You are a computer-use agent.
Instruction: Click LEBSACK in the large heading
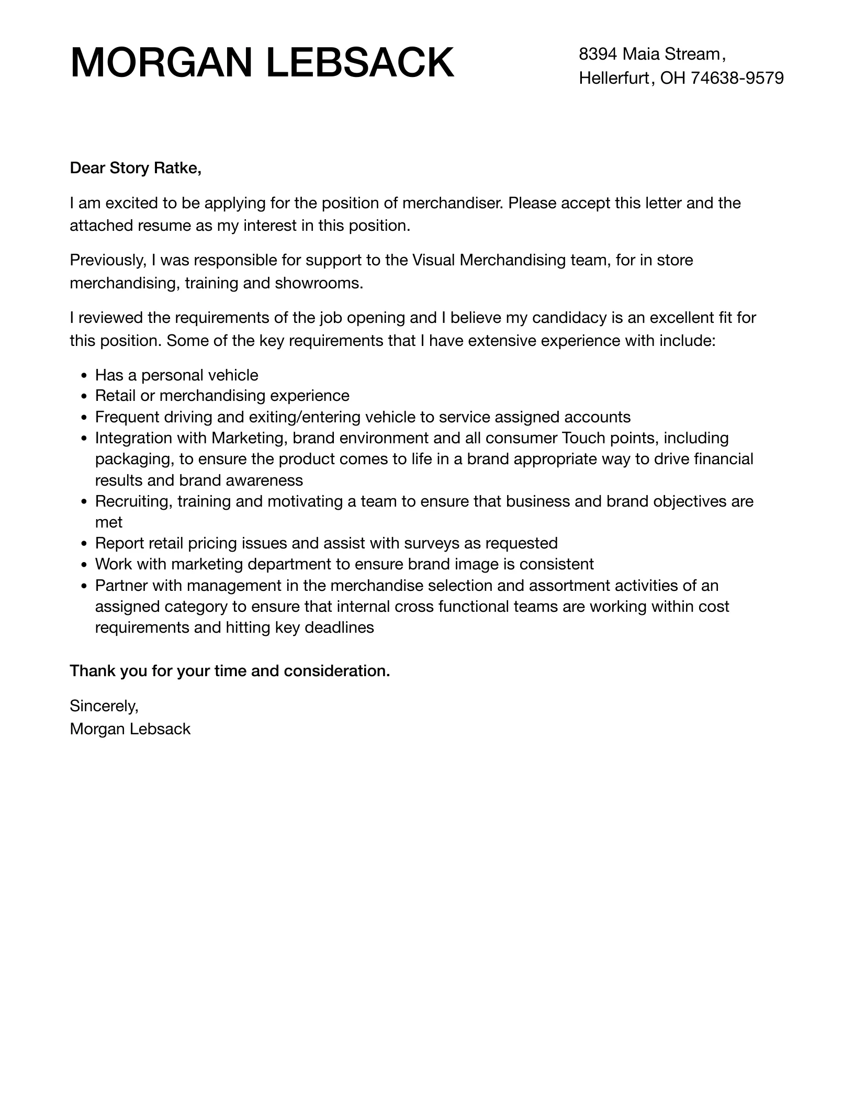click(360, 63)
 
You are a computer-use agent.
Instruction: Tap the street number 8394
click(598, 54)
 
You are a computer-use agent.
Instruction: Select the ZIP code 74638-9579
click(737, 78)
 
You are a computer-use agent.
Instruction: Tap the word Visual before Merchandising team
click(433, 260)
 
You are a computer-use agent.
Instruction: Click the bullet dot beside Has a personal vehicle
click(84, 376)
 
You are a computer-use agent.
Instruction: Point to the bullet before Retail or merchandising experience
click(84, 397)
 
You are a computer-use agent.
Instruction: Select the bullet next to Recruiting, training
click(84, 502)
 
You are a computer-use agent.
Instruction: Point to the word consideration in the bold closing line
click(336, 671)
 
